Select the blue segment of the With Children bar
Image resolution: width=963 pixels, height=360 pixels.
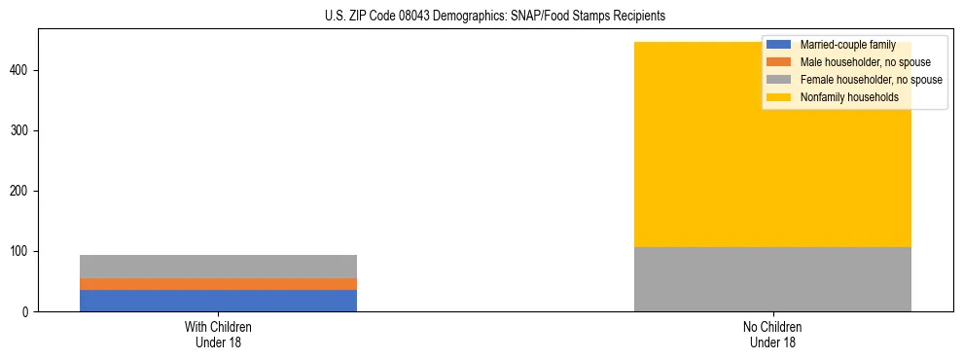pos(218,301)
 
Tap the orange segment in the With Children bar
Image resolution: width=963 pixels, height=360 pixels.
pos(218,284)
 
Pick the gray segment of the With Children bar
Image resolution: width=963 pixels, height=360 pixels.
pos(218,267)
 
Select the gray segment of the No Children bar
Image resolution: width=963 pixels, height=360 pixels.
pos(772,279)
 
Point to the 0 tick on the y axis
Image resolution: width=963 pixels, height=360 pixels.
pos(28,312)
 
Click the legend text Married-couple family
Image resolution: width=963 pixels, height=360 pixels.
pos(847,45)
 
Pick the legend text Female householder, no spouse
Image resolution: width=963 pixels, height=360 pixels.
pos(871,80)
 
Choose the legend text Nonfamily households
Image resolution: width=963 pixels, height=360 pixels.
pos(849,97)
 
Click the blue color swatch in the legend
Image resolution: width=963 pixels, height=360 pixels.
pos(779,45)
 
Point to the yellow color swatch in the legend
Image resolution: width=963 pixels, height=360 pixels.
pos(779,97)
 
